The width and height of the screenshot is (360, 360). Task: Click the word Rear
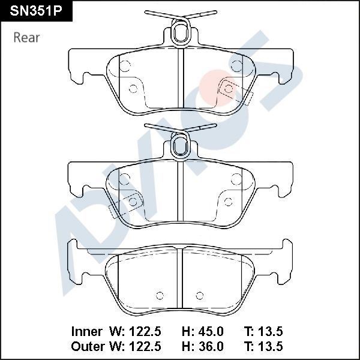pyautogui.click(x=26, y=37)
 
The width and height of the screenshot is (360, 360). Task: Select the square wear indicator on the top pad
pyautogui.click(x=228, y=88)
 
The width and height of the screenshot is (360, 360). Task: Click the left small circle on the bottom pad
pyautogui.click(x=160, y=295)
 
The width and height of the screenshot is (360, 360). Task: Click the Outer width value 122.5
pyautogui.click(x=148, y=346)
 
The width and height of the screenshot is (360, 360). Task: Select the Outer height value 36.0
pyautogui.click(x=211, y=346)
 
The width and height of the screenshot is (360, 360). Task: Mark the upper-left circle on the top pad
pyautogui.click(x=125, y=66)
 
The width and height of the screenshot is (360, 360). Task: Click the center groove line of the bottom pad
pyautogui.click(x=180, y=282)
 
